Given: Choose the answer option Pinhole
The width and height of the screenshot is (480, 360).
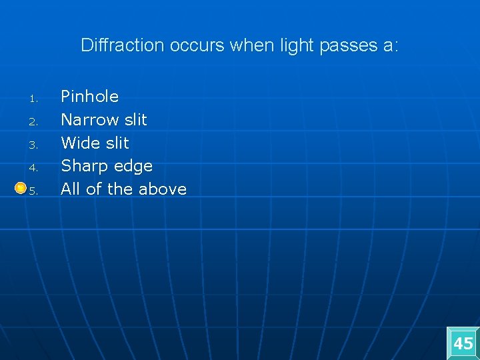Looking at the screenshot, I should click(x=89, y=97).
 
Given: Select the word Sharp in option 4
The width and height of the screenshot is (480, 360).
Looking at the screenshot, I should click(x=83, y=166).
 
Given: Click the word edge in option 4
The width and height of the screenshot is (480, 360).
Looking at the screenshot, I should click(x=133, y=166).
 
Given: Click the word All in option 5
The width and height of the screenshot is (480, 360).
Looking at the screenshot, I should click(x=71, y=189).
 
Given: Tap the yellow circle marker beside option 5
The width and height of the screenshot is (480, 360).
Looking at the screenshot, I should click(x=21, y=188).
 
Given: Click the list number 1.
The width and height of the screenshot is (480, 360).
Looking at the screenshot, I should click(x=32, y=100).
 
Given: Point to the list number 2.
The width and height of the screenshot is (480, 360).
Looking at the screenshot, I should click(x=32, y=123).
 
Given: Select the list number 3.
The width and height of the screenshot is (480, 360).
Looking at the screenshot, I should click(x=32, y=145).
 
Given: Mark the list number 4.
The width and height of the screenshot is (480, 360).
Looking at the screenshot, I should click(x=32, y=169).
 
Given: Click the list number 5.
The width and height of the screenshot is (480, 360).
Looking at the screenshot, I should click(x=33, y=191).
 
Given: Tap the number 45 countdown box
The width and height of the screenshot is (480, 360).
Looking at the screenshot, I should click(x=463, y=344).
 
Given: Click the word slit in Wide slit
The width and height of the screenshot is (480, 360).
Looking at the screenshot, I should click(x=117, y=143).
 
